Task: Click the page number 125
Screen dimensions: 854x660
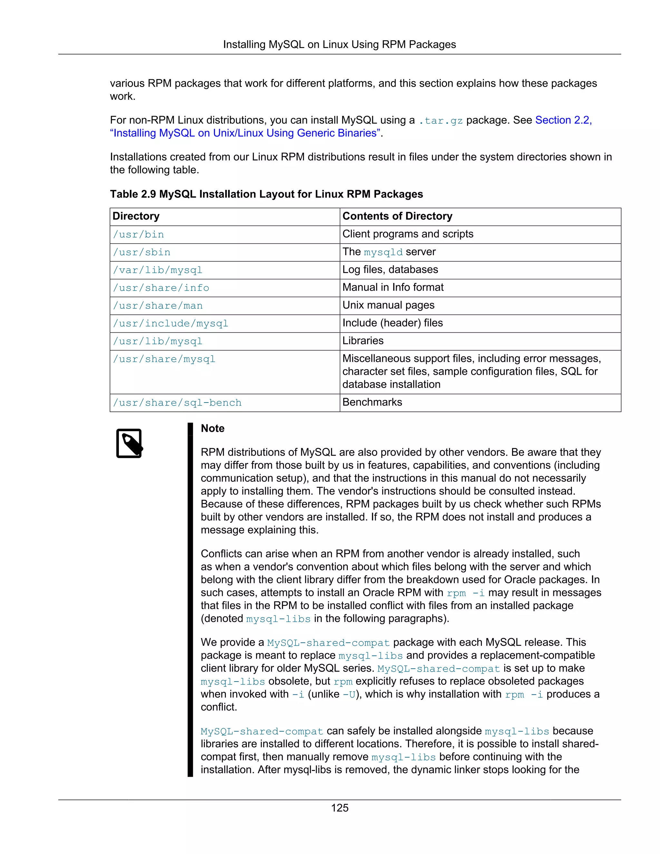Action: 339,808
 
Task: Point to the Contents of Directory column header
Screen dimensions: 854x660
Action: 397,216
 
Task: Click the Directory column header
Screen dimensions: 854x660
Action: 136,216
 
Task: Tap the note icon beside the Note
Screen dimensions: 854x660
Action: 129,443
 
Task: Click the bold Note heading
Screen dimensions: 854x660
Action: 212,429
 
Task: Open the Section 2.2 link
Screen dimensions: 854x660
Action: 563,120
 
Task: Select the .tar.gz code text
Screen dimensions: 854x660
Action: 440,121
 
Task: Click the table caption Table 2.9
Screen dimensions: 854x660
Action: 266,194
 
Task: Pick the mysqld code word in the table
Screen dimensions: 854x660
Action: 383,253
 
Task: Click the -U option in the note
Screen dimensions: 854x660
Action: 349,695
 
